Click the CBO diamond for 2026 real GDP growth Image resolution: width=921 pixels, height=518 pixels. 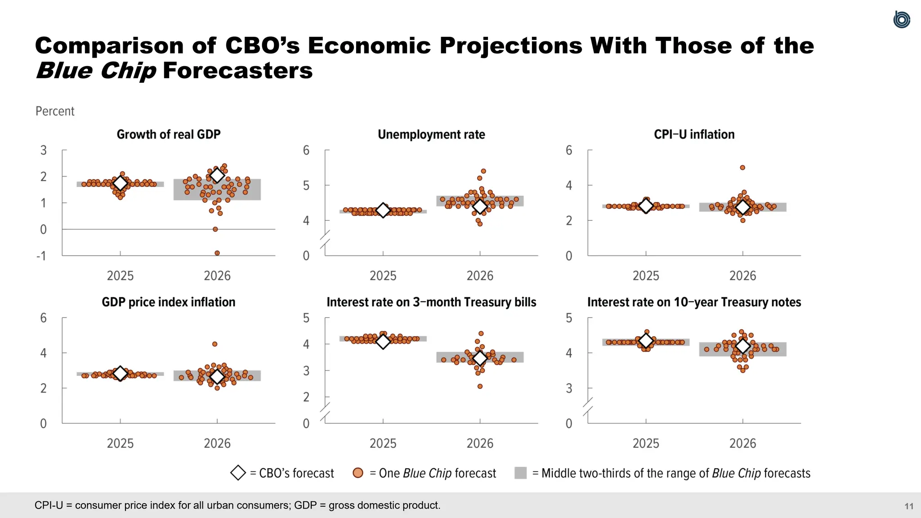[x=217, y=175]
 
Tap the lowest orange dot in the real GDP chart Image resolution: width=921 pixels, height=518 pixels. [x=217, y=253]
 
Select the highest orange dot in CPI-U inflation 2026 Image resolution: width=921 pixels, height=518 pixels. [x=742, y=168]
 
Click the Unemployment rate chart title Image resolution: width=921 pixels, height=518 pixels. [x=431, y=134]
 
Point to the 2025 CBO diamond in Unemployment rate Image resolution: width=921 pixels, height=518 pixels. [x=383, y=210]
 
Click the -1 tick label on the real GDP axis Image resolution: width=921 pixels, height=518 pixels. [x=41, y=256]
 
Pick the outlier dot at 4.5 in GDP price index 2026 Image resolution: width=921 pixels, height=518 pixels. [x=215, y=344]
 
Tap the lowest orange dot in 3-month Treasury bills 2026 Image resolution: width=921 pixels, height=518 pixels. [x=480, y=386]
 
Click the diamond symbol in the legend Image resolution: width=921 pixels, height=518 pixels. [x=238, y=473]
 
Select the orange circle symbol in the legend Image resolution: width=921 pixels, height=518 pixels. [x=358, y=473]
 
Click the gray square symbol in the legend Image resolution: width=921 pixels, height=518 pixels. [x=520, y=473]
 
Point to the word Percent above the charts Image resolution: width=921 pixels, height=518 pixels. [x=55, y=111]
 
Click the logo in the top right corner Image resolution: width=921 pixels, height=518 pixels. [x=901, y=20]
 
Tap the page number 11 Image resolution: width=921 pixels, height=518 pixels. [x=909, y=506]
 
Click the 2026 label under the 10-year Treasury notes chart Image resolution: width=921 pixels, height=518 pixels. [x=742, y=443]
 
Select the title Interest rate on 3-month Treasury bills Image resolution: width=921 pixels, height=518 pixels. [x=431, y=302]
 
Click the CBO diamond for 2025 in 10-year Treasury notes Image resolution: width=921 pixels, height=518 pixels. [x=646, y=341]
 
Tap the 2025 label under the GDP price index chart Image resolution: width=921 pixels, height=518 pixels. [x=120, y=443]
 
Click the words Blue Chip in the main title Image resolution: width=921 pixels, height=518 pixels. [x=96, y=71]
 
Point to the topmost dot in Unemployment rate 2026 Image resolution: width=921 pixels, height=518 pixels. [x=483, y=171]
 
